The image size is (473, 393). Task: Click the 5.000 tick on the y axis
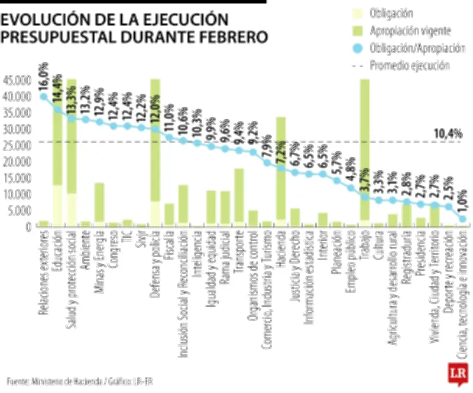[18, 210]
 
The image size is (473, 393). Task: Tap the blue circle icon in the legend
[358, 47]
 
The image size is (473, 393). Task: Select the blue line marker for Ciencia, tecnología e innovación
[463, 219]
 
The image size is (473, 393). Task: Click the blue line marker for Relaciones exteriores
[43, 96]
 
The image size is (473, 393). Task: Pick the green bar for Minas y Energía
[99, 204]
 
